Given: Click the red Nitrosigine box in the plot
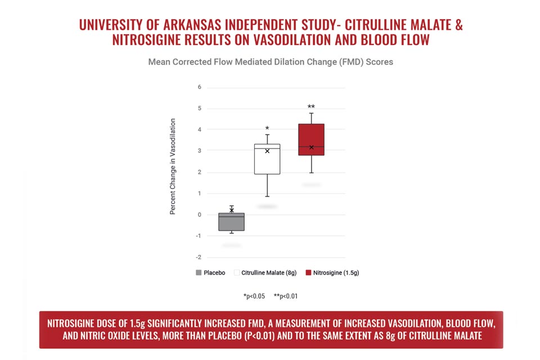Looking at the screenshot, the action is pos(311,139).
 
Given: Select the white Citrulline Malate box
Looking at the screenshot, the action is pos(267,159).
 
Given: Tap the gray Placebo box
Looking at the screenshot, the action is pos(231,222).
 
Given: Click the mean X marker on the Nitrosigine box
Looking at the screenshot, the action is pos(311,147).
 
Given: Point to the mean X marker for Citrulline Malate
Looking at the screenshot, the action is pos(267,151).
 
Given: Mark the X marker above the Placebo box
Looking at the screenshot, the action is pos(232,210).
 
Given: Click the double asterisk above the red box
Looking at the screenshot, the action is pos(311,106).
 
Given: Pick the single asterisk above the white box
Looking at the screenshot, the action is pos(267,128).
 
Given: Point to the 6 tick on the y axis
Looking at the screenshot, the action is pos(199,87).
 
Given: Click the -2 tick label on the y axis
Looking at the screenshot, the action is pos(199,257).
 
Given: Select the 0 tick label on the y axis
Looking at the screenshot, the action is pos(199,215).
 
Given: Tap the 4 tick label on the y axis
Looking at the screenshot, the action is pos(199,129).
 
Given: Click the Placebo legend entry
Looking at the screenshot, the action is pos(210,272).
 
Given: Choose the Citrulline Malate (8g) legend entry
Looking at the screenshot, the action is pos(265,272).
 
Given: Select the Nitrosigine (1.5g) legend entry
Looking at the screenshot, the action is pos(332,272).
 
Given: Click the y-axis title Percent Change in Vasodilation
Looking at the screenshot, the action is pos(173,166).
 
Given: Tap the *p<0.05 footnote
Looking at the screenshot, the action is pos(254,296).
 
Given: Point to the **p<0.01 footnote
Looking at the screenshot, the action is pos(286,296).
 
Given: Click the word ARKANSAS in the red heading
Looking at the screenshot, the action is pos(192,25).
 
